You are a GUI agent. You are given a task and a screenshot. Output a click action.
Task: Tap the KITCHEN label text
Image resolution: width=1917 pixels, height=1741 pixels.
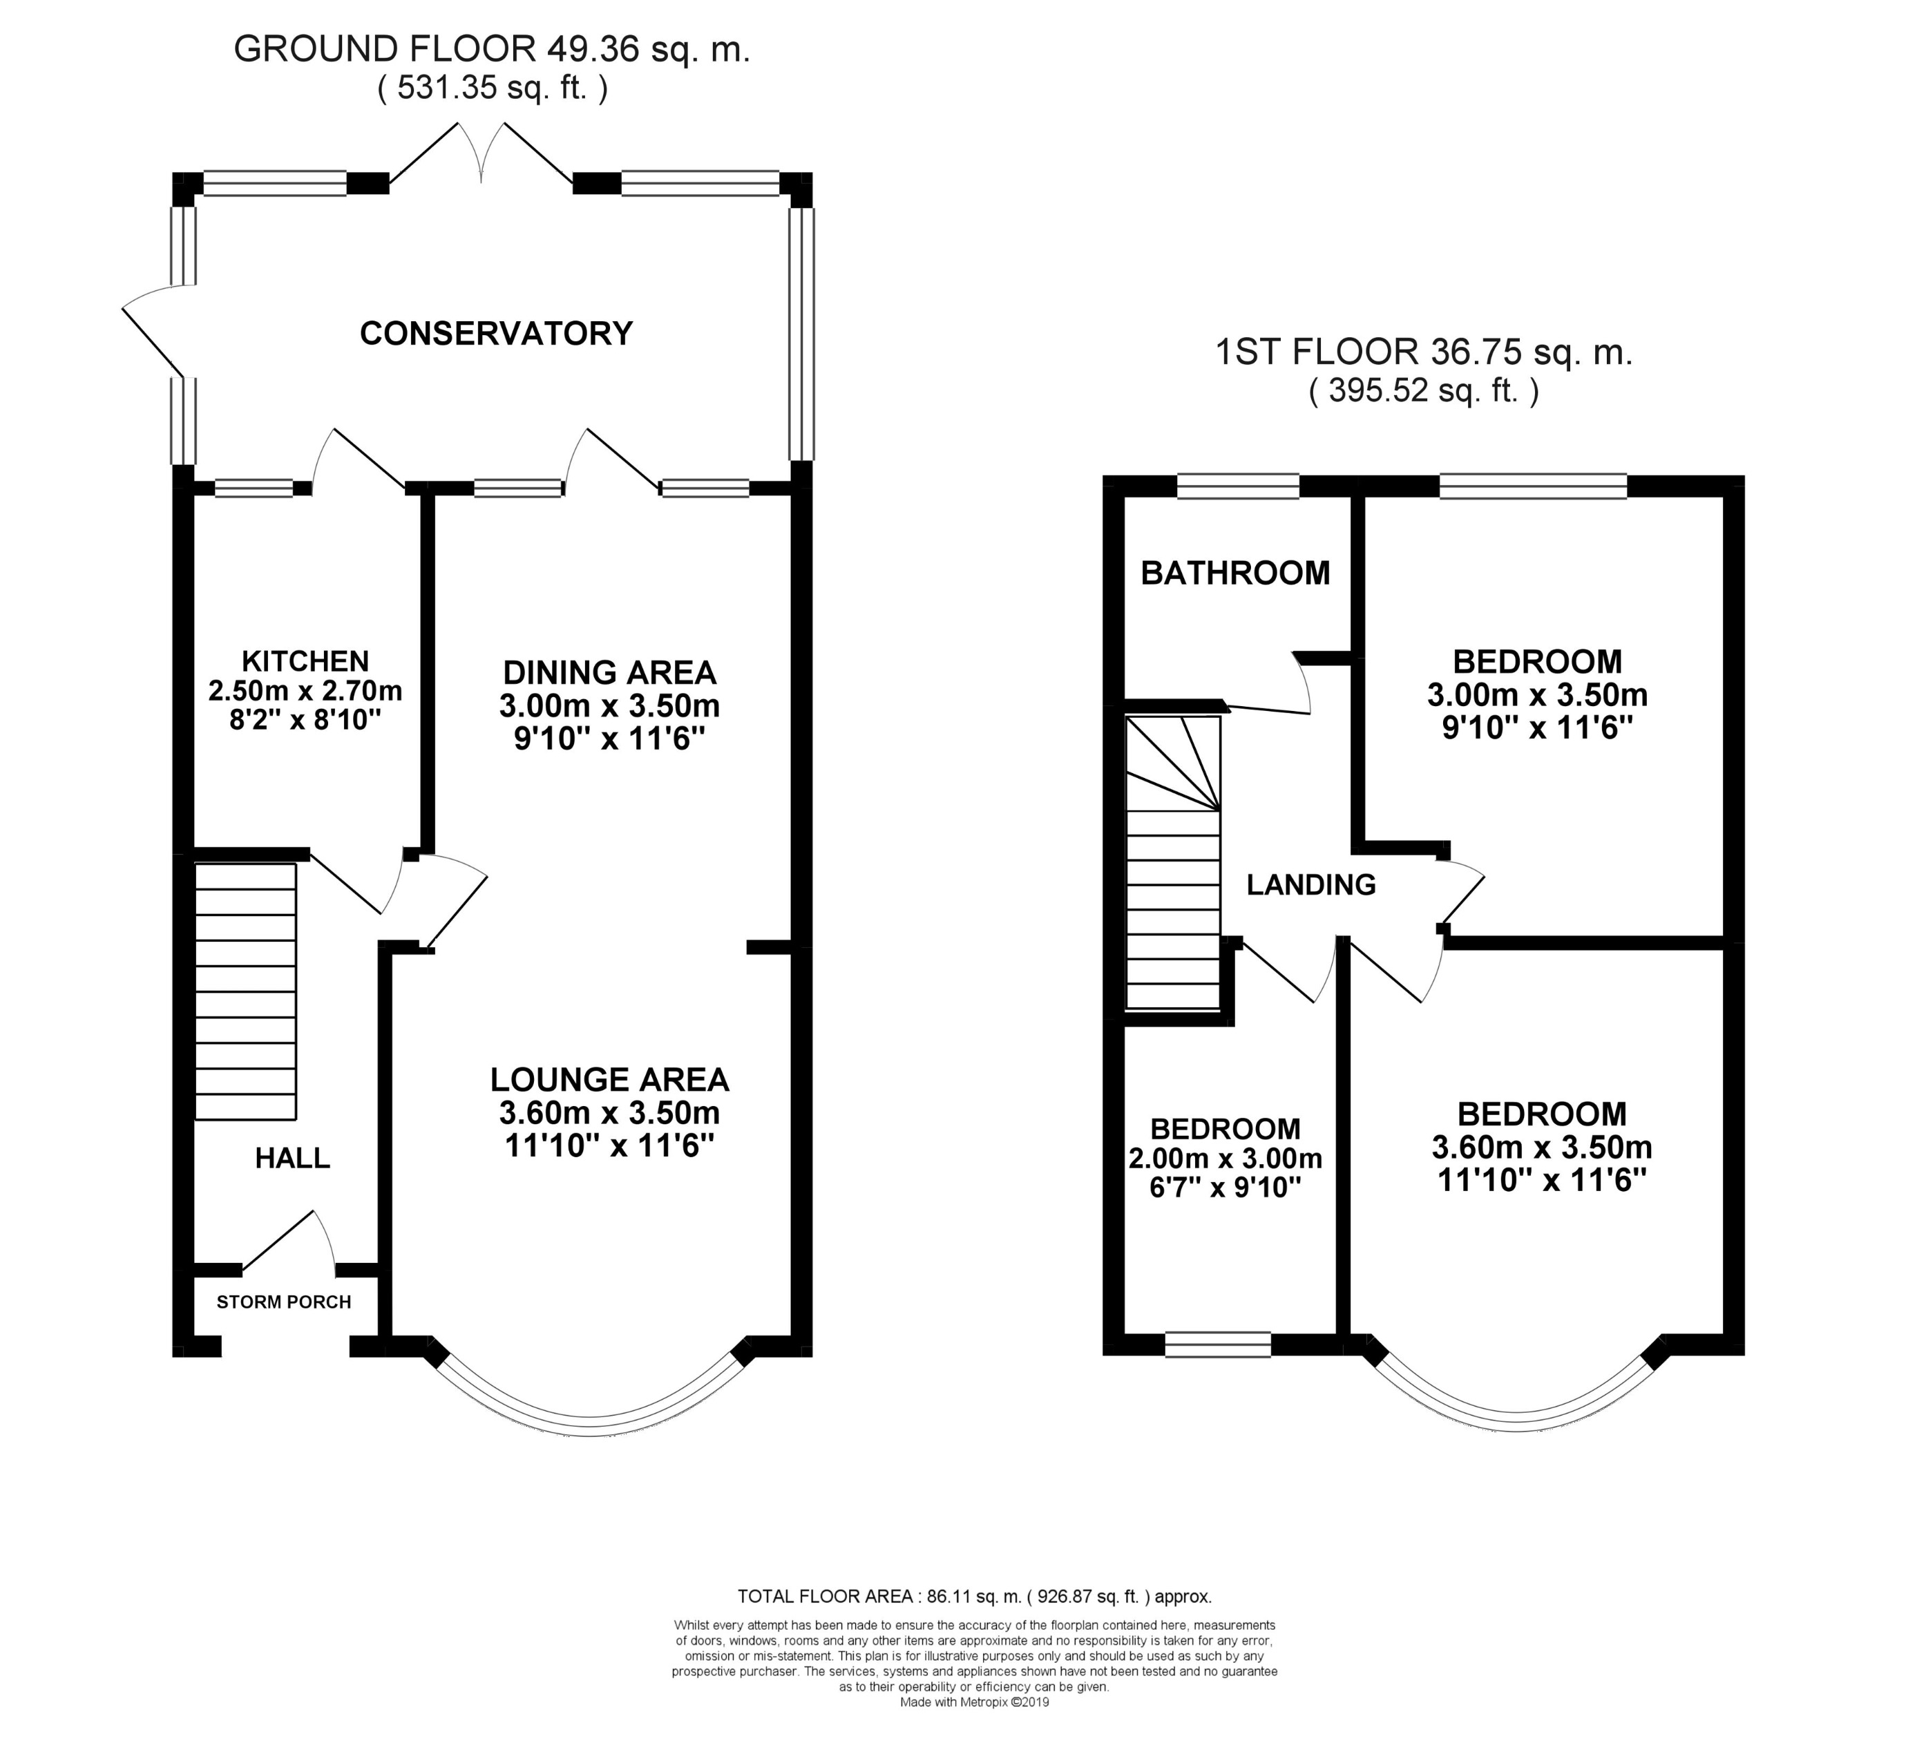(x=305, y=661)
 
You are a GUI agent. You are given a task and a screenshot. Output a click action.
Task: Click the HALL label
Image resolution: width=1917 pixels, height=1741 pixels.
(x=293, y=1158)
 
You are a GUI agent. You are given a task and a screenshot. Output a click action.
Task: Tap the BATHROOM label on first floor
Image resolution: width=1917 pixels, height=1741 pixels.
(x=1235, y=573)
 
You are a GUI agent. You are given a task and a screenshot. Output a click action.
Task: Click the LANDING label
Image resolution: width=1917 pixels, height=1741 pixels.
(x=1311, y=885)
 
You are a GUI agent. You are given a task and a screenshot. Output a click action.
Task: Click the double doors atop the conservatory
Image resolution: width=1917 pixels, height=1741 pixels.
(x=481, y=152)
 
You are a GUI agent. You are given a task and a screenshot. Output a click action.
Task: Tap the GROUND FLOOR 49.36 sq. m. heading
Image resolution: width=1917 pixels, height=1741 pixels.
(x=492, y=50)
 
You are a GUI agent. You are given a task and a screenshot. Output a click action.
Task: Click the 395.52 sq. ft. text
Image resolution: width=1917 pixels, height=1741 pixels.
(x=1424, y=391)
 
